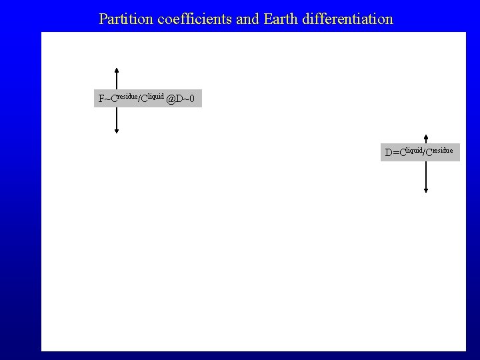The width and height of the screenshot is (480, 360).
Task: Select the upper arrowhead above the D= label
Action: [x=426, y=137]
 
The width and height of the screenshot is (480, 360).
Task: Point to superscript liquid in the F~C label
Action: [x=156, y=96]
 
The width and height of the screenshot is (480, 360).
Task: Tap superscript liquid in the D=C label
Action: [x=415, y=149]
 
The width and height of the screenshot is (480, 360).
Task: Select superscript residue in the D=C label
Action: [x=441, y=149]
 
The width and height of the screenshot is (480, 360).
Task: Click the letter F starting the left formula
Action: [x=101, y=100]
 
